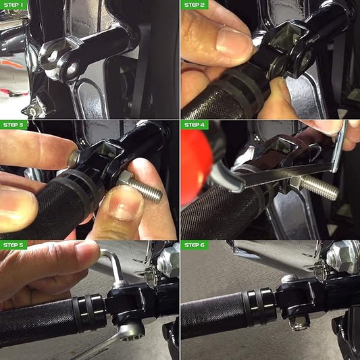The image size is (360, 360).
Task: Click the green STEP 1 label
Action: click(14, 5)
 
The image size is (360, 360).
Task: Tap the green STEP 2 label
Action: click(195, 5)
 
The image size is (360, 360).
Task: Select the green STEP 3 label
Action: click(14, 125)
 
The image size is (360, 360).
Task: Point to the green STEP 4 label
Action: click(195, 125)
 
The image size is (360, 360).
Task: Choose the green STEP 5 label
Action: click(14, 245)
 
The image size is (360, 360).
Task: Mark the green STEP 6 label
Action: click(195, 245)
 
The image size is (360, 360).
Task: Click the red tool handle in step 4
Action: click(197, 168)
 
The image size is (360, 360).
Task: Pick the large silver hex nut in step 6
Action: click(344, 257)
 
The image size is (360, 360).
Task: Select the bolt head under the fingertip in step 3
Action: click(74, 159)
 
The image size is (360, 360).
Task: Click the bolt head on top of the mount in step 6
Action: click(290, 279)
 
